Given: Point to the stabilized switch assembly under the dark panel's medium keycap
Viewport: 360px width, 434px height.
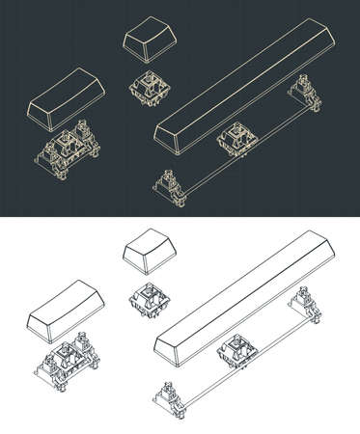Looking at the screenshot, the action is click(69, 148).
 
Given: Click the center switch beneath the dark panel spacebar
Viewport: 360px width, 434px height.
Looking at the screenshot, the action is click(237, 139).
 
